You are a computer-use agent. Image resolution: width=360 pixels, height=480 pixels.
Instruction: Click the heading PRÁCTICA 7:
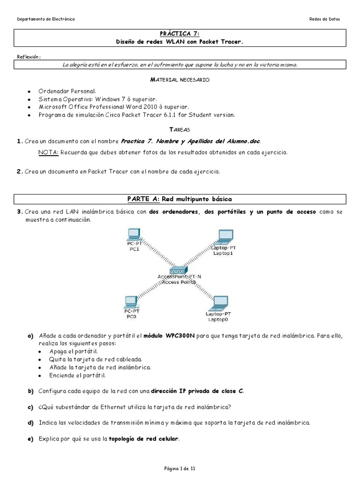coord(180,34)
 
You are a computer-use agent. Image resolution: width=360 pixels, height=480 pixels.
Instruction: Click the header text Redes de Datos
coord(325,19)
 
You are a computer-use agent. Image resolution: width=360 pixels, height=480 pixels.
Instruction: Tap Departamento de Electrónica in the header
coord(45,19)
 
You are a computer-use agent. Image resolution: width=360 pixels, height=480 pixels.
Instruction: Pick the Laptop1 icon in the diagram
coord(224,237)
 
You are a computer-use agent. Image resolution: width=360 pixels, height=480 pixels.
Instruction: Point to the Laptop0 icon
coord(218,302)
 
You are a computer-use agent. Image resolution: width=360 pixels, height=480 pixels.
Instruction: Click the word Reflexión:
coord(29,57)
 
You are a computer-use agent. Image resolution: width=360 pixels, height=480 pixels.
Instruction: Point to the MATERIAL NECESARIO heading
coord(180,80)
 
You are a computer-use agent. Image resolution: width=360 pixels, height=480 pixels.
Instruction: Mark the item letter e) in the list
coord(31,439)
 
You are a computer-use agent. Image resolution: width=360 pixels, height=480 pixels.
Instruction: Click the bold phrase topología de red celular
coord(144,439)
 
